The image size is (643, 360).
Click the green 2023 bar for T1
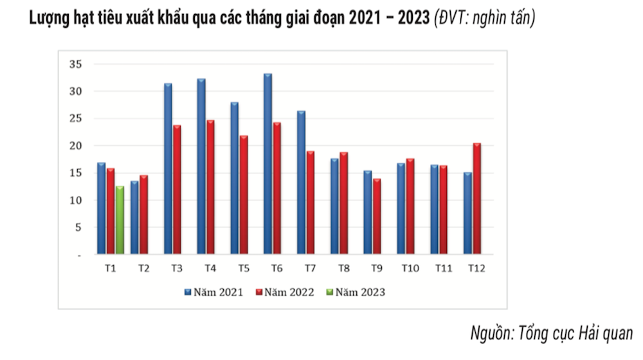120,220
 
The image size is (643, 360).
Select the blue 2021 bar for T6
267,164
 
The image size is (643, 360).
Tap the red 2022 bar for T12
476,199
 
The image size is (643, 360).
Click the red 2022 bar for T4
210,187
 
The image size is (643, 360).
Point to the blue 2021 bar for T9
368,212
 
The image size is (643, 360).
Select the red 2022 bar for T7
311,203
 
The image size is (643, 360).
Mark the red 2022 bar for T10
410,206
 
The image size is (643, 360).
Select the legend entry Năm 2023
356,292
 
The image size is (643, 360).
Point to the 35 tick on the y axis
76,64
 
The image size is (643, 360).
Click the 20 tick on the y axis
76,146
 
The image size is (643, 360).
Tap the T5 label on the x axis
244,268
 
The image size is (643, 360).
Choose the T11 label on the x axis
442,268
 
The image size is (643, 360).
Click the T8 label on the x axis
343,268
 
